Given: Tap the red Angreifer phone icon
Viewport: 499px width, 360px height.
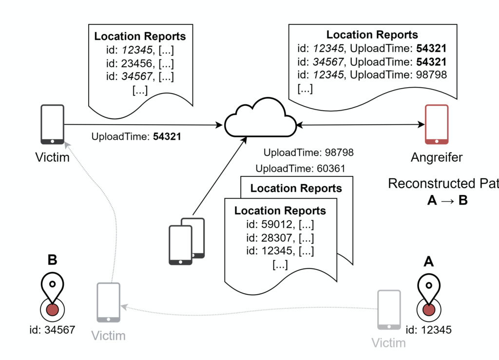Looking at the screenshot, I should [437, 124].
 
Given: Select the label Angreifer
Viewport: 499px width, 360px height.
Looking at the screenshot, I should [437, 157].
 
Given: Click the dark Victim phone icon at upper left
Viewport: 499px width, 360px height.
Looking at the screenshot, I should [52, 124].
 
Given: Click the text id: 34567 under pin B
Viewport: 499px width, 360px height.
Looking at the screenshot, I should [52, 330].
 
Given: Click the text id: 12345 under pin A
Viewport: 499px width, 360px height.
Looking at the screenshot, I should [428, 330].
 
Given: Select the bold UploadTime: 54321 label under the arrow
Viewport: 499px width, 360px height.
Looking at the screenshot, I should [136, 137].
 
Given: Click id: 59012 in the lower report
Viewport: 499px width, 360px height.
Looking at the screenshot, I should [280, 225].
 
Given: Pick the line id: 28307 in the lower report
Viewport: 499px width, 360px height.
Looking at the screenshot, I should [280, 238].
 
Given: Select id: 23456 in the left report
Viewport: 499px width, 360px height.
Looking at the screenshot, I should [140, 63].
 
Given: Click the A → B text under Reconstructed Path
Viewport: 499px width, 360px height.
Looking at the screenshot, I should [447, 200].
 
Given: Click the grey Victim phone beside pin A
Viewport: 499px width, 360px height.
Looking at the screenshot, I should [389, 311].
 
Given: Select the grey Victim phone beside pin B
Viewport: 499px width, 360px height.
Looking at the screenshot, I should [109, 303].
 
